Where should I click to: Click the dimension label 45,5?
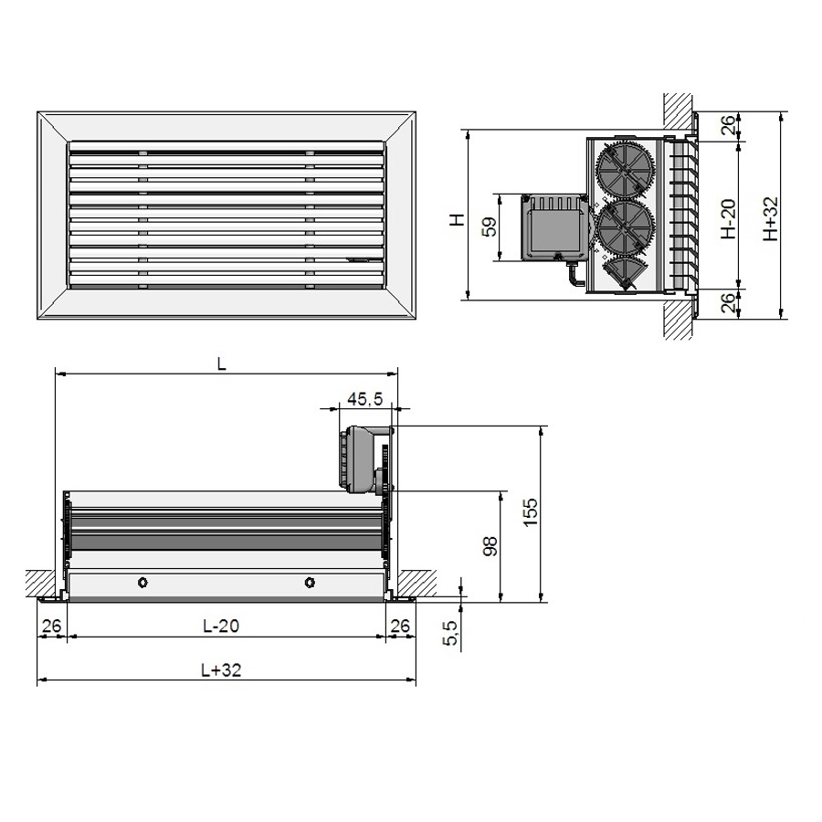pyautogui.click(x=365, y=399)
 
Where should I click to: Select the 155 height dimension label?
pyautogui.click(x=531, y=512)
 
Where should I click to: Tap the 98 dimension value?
pyautogui.click(x=490, y=546)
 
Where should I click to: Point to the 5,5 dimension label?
pyautogui.click(x=451, y=632)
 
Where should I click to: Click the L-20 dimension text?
pyautogui.click(x=221, y=626)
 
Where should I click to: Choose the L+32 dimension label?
pyautogui.click(x=221, y=669)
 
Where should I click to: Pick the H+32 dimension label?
pyautogui.click(x=771, y=218)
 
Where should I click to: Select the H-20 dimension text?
pyautogui.click(x=728, y=218)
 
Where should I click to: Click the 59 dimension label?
pyautogui.click(x=490, y=227)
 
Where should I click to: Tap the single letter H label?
pyautogui.click(x=458, y=219)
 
